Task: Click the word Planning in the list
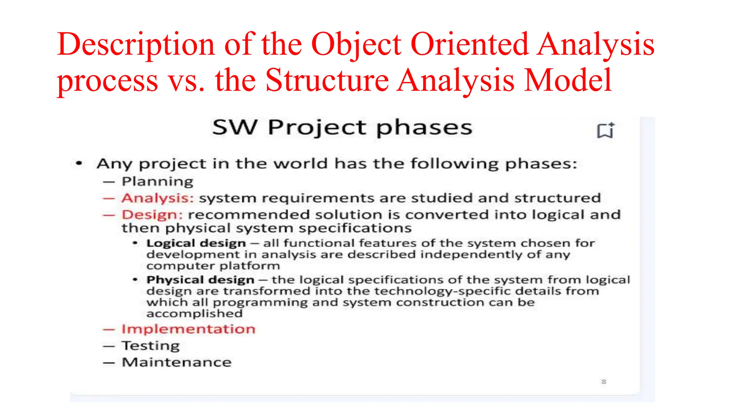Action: [x=157, y=181]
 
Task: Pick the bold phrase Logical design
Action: [x=196, y=243]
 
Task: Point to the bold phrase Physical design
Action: [x=200, y=280]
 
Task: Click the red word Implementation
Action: [x=188, y=329]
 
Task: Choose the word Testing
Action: [x=151, y=346]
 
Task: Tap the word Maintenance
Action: [x=177, y=362]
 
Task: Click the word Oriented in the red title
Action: [x=469, y=44]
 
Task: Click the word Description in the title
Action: [x=136, y=44]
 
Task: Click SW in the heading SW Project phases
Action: [x=235, y=127]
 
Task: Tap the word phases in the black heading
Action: [x=424, y=128]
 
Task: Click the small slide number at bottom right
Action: [x=604, y=381]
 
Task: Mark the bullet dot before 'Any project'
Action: [x=79, y=164]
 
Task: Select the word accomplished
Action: [x=194, y=313]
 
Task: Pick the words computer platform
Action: [x=213, y=266]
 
